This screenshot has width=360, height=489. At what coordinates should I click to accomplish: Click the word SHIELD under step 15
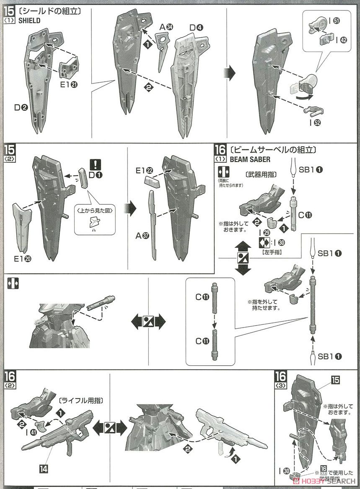pyautogui.click(x=28, y=21)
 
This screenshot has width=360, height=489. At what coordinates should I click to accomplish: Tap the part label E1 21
pyautogui.click(x=68, y=84)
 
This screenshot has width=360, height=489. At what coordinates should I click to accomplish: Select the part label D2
pyautogui.click(x=21, y=107)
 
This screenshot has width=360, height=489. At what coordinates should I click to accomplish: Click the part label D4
pyautogui.click(x=196, y=28)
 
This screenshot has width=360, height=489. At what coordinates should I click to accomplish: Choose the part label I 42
pyautogui.click(x=340, y=40)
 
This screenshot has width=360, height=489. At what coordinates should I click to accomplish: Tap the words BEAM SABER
pyautogui.click(x=250, y=159)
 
